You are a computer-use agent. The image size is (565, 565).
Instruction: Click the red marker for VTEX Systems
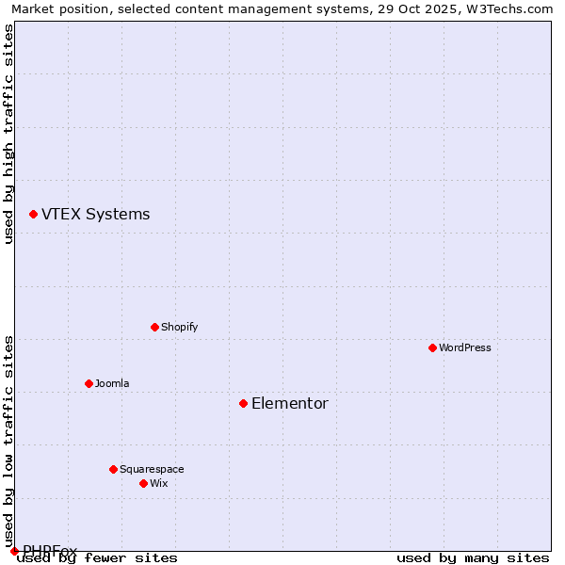point(33,215)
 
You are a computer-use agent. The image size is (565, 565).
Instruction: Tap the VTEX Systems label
point(95,215)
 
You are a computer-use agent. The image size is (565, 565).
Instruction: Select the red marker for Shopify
point(154,328)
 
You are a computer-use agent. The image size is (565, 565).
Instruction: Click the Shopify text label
point(179,328)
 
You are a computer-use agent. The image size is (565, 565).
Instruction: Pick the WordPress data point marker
point(432,348)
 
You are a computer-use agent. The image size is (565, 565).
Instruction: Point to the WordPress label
point(464,348)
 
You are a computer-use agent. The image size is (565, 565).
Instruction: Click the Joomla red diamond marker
point(89,384)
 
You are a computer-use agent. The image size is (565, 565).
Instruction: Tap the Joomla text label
point(112,384)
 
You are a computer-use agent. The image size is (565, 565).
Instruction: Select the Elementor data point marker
point(243,404)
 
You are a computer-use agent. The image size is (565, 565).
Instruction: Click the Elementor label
point(289,404)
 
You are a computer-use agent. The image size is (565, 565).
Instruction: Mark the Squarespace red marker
point(113,470)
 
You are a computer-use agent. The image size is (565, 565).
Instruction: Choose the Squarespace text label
point(152,470)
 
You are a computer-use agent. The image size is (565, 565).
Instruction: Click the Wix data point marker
point(143,484)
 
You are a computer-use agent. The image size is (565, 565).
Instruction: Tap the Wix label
point(158,484)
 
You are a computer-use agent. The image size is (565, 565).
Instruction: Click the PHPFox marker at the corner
point(14,551)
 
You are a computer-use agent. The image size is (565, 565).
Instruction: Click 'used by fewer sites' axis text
point(97,558)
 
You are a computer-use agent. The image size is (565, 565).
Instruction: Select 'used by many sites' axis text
point(473,558)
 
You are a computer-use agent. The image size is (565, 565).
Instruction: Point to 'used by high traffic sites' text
point(8,134)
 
